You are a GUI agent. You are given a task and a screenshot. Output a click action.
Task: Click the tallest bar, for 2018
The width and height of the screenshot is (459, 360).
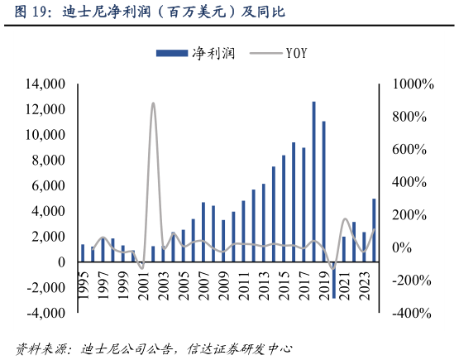(x=313, y=181)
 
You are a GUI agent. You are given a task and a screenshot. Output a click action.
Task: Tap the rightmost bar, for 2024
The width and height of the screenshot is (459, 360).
(x=374, y=230)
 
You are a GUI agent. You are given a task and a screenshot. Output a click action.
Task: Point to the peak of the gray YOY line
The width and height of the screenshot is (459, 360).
(x=153, y=103)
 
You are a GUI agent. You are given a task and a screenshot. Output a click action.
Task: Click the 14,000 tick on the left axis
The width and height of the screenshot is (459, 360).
(x=45, y=84)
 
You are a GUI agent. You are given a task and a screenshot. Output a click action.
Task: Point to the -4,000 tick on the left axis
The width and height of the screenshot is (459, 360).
(x=45, y=313)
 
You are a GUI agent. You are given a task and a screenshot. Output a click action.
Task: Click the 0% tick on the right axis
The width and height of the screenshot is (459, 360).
(x=401, y=247)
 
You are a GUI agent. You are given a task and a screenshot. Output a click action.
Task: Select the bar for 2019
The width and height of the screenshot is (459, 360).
(x=323, y=191)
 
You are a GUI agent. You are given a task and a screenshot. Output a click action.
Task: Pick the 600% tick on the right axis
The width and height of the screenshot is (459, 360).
(x=409, y=150)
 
